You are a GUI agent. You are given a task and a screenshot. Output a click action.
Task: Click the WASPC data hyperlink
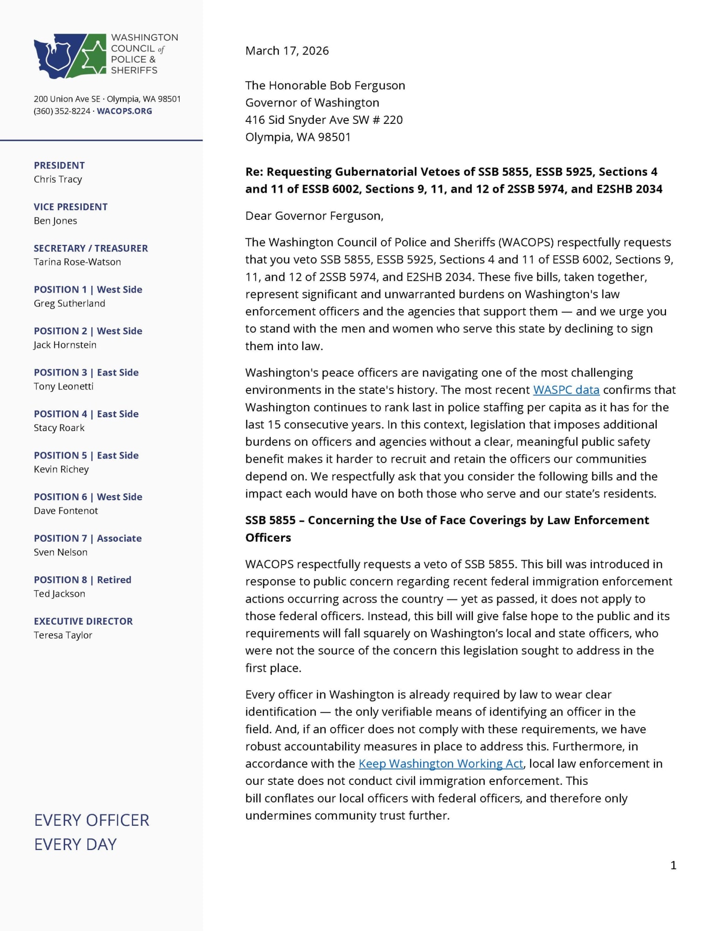[566, 390]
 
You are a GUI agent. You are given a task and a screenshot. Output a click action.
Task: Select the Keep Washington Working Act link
[440, 763]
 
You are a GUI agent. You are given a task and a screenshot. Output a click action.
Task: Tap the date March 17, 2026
[287, 51]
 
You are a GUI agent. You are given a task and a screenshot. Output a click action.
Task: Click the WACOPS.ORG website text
[124, 111]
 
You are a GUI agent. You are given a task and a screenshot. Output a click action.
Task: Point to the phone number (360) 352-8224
[62, 111]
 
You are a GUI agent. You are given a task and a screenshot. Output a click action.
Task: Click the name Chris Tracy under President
[58, 179]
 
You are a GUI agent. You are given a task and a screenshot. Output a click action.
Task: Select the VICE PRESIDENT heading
[70, 207]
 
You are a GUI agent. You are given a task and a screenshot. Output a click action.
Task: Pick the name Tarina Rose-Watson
[77, 262]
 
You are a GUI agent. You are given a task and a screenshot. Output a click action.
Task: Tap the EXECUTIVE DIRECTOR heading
[83, 621]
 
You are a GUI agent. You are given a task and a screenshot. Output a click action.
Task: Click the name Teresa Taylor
[63, 635]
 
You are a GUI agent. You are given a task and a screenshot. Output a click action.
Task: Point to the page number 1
[673, 865]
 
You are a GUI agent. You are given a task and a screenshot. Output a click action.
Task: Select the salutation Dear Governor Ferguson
[314, 216]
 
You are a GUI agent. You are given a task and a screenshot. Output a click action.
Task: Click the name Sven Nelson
[60, 552]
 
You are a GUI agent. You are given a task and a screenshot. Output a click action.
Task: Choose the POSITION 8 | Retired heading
[82, 580]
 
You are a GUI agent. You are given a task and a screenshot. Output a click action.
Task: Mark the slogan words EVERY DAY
[75, 844]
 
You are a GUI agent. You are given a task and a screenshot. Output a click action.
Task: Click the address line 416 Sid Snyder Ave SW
[323, 120]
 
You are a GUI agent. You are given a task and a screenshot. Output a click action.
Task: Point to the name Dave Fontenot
[66, 511]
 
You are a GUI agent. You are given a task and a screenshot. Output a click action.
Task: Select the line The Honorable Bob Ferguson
[325, 86]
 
